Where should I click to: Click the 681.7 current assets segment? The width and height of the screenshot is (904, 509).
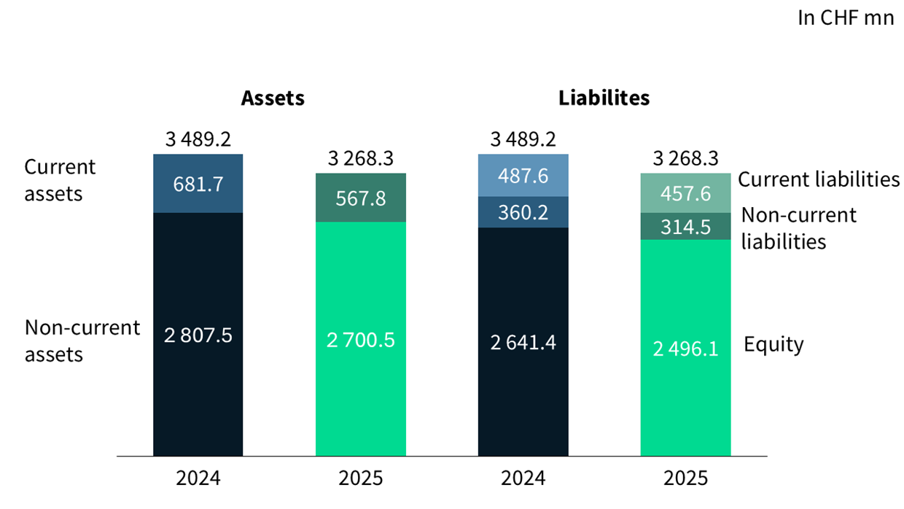(198, 183)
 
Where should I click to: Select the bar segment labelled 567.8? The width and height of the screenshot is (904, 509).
(360, 198)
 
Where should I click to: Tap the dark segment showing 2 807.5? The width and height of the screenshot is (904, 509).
(198, 334)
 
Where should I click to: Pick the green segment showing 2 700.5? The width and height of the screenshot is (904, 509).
(360, 339)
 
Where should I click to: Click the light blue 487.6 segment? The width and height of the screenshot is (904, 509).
(523, 175)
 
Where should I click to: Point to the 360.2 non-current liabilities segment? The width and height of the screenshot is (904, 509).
(523, 212)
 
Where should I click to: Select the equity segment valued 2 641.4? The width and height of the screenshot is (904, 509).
(523, 342)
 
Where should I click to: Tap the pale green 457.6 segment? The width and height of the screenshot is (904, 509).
(685, 193)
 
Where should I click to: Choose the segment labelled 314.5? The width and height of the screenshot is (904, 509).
(685, 227)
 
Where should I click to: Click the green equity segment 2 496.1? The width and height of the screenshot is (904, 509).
(685, 348)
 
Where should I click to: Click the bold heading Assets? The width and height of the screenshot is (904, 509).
(273, 98)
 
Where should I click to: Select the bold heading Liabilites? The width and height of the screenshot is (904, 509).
(604, 98)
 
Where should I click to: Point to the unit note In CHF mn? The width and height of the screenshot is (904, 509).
(846, 18)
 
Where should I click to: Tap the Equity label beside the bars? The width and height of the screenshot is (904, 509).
(774, 345)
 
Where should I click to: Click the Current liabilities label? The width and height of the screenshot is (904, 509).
(819, 179)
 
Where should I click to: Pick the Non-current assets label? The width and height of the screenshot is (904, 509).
(82, 341)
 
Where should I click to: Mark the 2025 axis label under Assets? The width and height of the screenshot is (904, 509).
(360, 478)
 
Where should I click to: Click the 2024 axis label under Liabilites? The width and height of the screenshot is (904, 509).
(523, 478)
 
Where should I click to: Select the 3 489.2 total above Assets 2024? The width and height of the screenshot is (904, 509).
(198, 139)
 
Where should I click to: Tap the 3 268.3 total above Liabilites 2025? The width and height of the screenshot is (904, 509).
(685, 158)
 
